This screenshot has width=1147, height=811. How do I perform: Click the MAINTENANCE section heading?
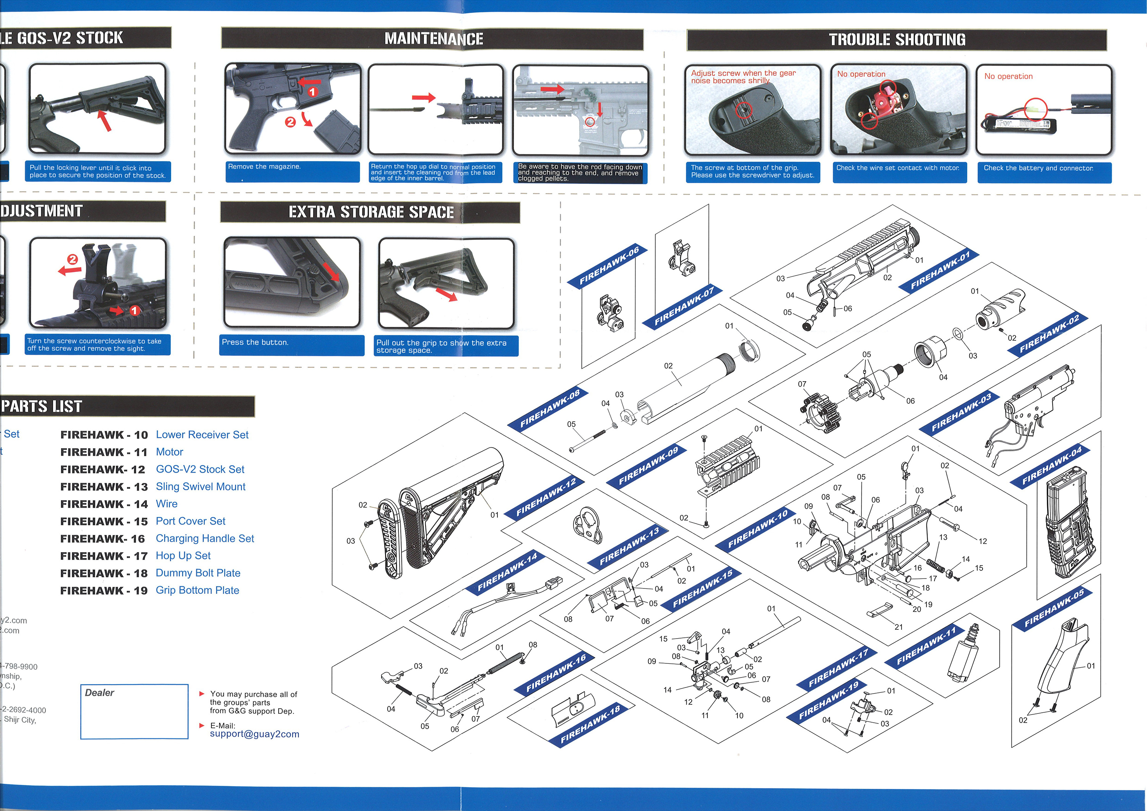(x=433, y=39)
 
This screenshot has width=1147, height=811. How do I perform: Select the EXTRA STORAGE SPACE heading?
(x=371, y=212)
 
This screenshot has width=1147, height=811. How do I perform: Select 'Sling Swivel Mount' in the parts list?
(x=200, y=487)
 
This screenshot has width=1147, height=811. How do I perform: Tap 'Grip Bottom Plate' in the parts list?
(x=197, y=590)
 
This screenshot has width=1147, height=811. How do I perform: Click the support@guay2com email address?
(x=254, y=734)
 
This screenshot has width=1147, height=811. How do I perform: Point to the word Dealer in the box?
(x=99, y=692)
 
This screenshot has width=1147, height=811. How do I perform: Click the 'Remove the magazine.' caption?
(x=264, y=167)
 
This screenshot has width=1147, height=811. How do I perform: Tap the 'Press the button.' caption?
(x=255, y=342)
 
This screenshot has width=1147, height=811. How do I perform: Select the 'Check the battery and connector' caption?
(x=1038, y=168)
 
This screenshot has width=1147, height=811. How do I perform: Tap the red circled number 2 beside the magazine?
(x=290, y=122)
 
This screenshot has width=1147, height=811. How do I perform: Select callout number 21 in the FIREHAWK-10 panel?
(x=899, y=627)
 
